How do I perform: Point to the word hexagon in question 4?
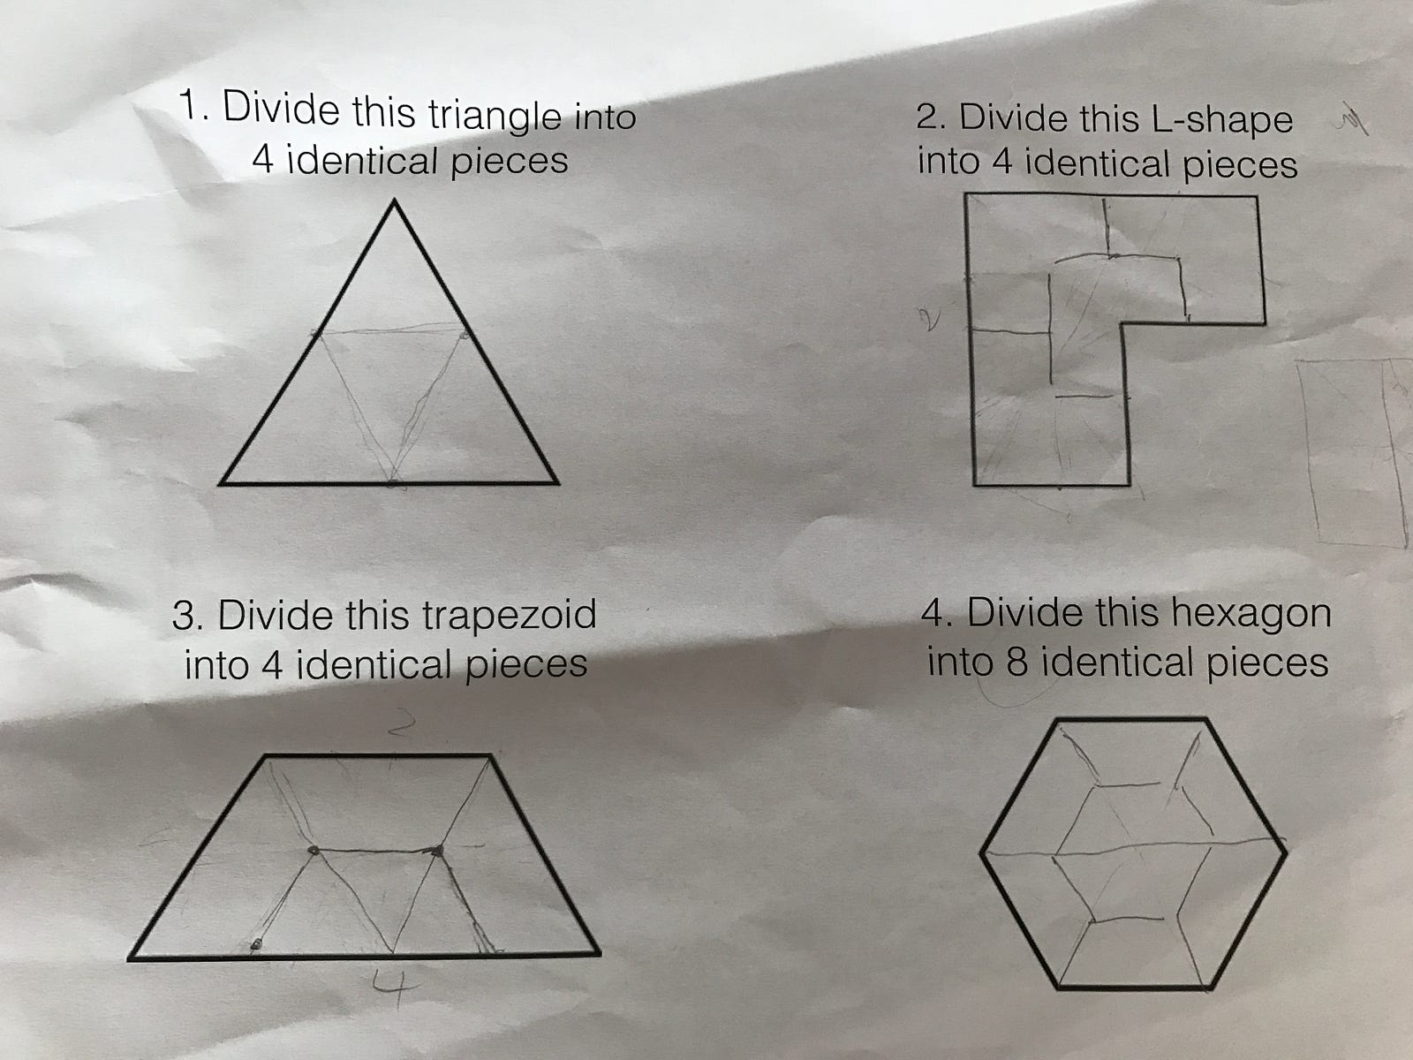tap(1251, 613)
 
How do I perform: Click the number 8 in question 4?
tap(1016, 662)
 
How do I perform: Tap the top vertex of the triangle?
tap(394, 201)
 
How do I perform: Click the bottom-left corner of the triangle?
tap(221, 482)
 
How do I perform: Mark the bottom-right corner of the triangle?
tap(557, 481)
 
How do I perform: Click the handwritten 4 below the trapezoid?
tap(393, 988)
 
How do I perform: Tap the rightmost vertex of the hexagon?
tap(1286, 854)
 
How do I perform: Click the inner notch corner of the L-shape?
tap(1122, 324)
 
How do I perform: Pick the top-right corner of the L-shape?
tap(1257, 197)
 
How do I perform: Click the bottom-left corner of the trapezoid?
tap(131, 959)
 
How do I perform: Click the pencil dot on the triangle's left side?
tap(315, 333)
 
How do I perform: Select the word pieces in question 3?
tap(526, 663)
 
